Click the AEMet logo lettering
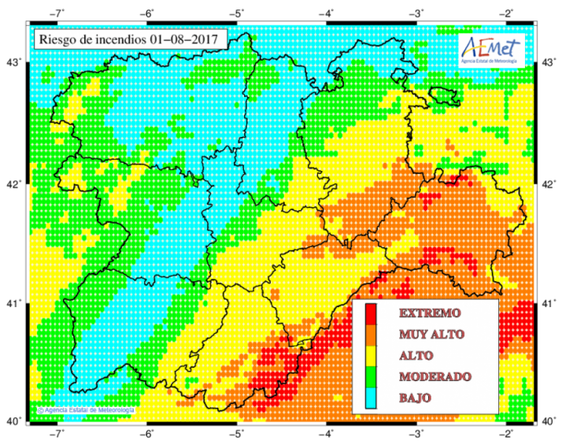(492, 45)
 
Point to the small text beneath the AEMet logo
(493, 61)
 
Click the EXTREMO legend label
(430, 313)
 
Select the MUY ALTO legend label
(431, 335)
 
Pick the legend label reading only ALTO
(416, 356)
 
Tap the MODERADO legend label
(435, 377)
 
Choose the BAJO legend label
(415, 398)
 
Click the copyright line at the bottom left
(87, 410)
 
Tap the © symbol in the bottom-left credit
(40, 410)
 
